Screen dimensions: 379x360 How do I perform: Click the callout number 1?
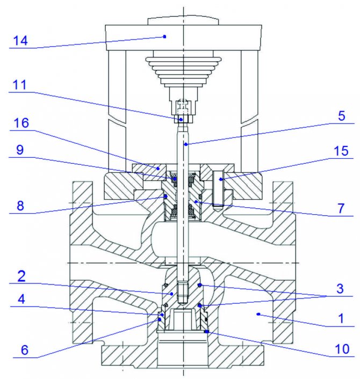337,318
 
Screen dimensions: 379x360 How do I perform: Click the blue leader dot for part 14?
165,37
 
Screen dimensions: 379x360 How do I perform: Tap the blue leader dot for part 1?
258,313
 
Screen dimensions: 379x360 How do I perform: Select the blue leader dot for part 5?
185,144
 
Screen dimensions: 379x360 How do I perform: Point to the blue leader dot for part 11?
181,120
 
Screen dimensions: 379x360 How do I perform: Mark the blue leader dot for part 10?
207,332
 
